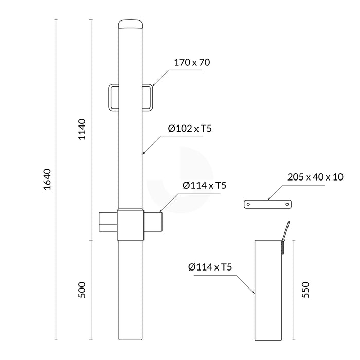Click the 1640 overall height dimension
pyautogui.click(x=47, y=179)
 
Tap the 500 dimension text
pyautogui.click(x=82, y=290)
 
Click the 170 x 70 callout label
pyautogui.click(x=192, y=63)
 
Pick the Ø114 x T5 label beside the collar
pyautogui.click(x=205, y=185)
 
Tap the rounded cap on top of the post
pyautogui.click(x=132, y=24)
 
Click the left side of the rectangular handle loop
pyautogui.click(x=110, y=97)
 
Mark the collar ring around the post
pyautogui.click(x=132, y=224)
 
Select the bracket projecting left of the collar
pyautogui.click(x=108, y=220)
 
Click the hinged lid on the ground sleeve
pyautogui.click(x=286, y=231)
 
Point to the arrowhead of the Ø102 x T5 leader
pyautogui.click(x=143, y=153)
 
